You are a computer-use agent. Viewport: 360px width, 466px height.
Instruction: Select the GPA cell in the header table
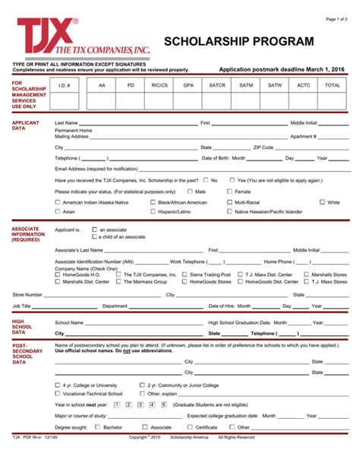tap(188, 86)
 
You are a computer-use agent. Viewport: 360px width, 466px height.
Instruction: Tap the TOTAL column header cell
tap(333, 86)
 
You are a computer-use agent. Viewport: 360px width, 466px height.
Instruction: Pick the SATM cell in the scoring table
tap(246, 86)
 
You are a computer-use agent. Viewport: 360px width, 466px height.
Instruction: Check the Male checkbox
tap(190, 192)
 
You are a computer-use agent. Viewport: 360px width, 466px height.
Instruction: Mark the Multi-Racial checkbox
tap(229, 202)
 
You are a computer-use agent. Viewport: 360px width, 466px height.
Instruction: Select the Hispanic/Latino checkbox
tap(153, 212)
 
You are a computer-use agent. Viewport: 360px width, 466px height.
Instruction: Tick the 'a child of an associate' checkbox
tap(94, 236)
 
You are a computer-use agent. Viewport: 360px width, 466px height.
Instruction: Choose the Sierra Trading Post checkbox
tap(185, 274)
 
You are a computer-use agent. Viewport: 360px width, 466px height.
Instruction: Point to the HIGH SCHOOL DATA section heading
tap(23, 326)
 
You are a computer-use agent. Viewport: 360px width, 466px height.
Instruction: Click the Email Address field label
tap(86, 169)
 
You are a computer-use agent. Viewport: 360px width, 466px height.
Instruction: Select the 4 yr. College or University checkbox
tap(58, 385)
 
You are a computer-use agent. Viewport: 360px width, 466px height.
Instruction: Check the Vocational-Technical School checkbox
tap(58, 394)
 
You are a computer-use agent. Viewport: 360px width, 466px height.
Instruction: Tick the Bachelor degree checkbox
tap(97, 427)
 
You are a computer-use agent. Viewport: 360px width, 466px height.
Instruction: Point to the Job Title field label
tap(22, 306)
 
